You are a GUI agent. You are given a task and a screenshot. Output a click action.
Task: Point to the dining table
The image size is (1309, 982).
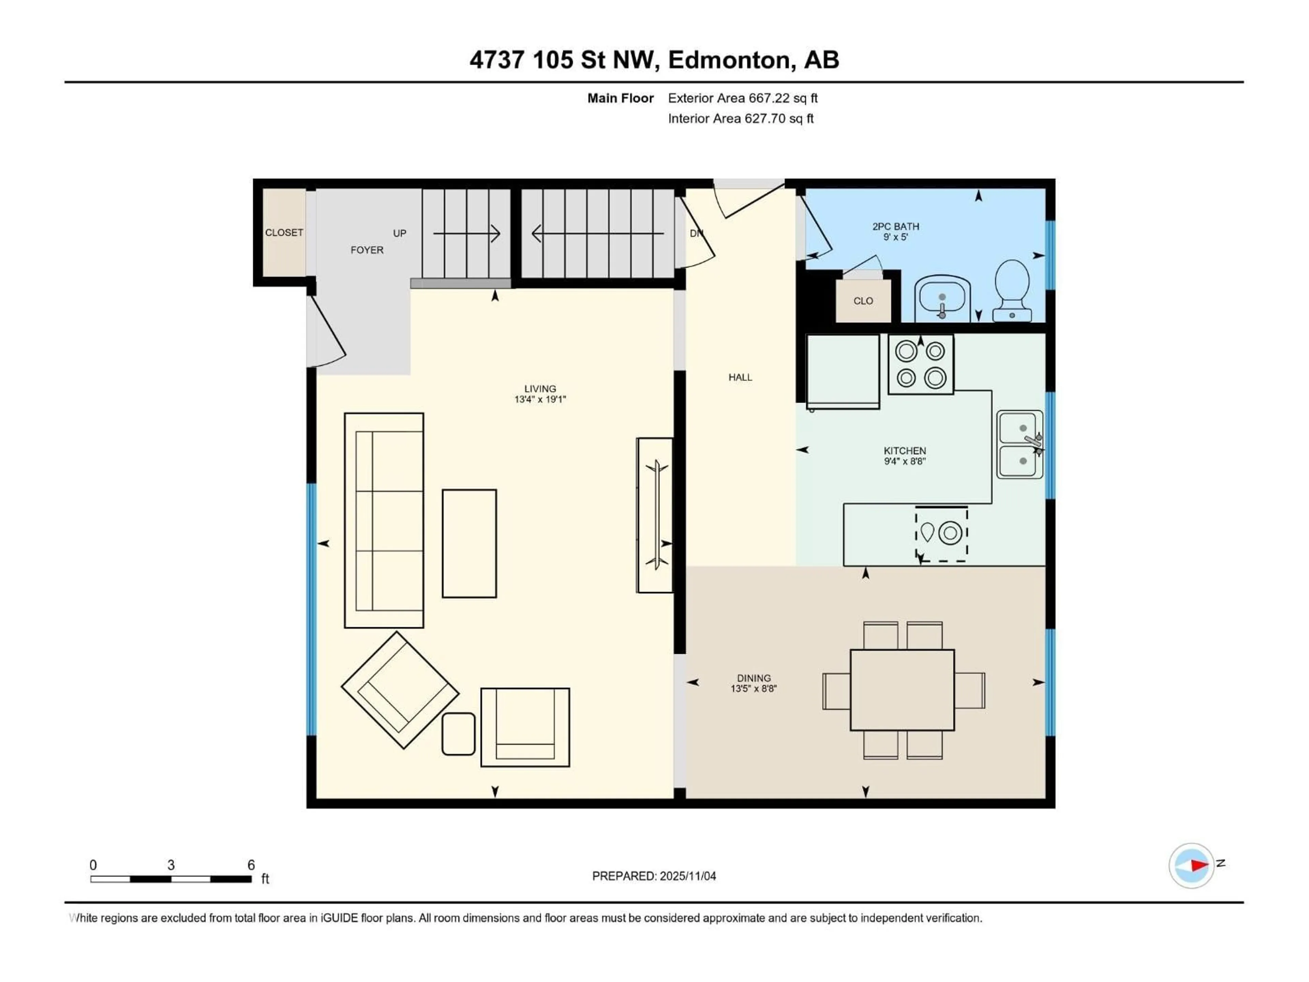(x=902, y=689)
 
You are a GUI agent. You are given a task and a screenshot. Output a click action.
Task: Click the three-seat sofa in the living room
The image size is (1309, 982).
(x=383, y=520)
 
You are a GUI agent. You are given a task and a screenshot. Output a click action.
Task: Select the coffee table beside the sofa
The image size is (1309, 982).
(x=469, y=543)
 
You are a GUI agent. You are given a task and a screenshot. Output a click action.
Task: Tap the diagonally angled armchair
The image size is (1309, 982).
(x=400, y=689)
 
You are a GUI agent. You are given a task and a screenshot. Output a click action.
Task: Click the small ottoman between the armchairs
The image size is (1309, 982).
(x=458, y=733)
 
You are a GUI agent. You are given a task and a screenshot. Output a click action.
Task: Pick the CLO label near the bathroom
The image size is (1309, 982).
(x=863, y=301)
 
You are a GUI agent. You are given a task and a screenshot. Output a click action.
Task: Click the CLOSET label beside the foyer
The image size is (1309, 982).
(x=284, y=233)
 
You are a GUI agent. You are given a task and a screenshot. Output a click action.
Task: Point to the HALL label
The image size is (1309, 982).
(x=740, y=377)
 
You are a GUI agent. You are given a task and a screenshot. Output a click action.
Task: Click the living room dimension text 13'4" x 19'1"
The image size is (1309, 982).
(x=540, y=399)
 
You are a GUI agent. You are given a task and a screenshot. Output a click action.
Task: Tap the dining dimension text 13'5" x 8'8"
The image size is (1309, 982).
(x=753, y=688)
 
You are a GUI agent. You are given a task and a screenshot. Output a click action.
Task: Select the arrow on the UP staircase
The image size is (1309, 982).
(x=466, y=233)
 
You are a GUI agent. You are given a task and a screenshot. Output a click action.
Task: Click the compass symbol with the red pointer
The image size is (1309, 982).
(x=1191, y=865)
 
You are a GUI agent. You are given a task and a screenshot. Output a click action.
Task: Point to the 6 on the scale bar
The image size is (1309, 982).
(x=251, y=865)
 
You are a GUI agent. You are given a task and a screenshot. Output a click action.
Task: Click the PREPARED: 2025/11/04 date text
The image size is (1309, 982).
(x=654, y=876)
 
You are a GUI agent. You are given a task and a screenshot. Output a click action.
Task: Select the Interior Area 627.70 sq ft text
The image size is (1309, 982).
(x=740, y=118)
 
